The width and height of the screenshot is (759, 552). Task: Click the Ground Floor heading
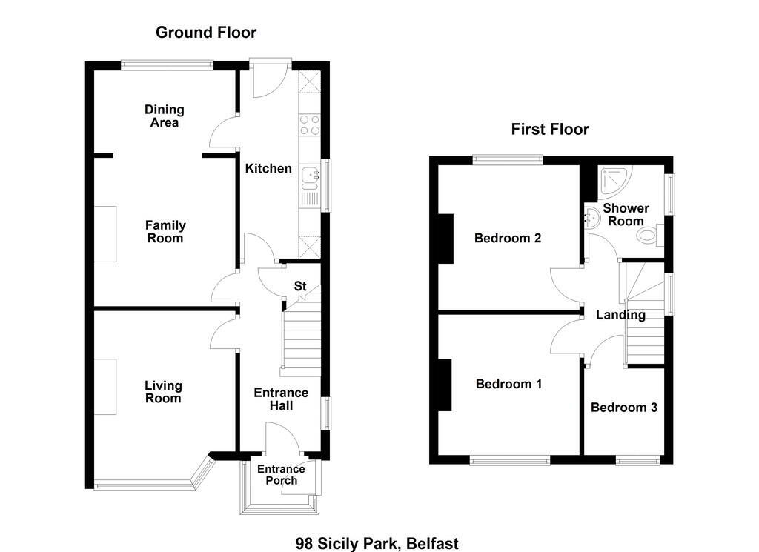tap(206, 33)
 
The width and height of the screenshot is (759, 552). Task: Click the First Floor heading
tap(550, 129)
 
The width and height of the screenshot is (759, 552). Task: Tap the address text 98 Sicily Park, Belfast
tap(377, 544)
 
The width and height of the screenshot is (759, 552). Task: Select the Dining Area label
tap(165, 116)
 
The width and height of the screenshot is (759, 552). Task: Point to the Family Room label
tap(165, 232)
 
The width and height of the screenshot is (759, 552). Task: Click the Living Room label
tap(163, 392)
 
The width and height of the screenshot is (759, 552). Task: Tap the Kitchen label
tap(268, 168)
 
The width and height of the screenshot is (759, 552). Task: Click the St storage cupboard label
tap(300, 286)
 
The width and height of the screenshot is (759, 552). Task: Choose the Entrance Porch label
tap(281, 475)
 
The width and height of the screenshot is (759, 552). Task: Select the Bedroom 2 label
tap(508, 238)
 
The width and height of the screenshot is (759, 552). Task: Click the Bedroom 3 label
tap(624, 408)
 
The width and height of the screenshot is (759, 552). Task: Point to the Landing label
tap(620, 315)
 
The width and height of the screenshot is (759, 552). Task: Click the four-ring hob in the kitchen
tap(310, 124)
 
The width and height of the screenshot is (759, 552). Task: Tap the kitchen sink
tap(310, 177)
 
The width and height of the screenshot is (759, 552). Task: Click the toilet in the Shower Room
tap(651, 236)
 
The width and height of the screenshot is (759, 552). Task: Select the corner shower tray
tap(614, 182)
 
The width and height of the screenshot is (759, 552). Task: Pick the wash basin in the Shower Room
tap(591, 218)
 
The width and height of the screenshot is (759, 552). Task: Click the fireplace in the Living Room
tap(105, 387)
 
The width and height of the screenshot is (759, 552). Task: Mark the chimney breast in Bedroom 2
tap(445, 239)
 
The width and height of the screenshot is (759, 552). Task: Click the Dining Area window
tap(167, 64)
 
